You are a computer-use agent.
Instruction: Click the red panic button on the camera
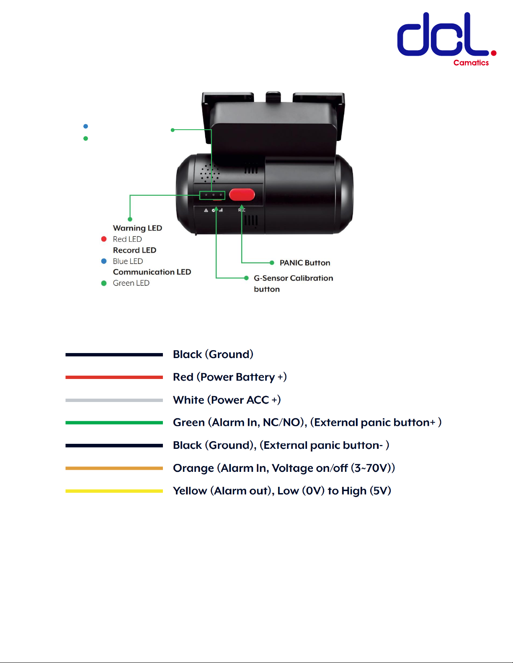coord(242,195)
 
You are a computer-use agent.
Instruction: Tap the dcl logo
coord(444,35)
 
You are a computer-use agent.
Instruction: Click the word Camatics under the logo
coord(471,63)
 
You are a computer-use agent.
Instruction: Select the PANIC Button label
coord(305,263)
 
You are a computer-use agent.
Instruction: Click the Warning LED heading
coord(137,228)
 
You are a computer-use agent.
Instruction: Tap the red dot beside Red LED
coord(104,239)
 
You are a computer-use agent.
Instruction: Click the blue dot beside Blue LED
coord(104,261)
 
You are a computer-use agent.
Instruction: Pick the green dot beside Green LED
coord(104,283)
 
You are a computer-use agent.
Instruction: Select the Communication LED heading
coord(152,272)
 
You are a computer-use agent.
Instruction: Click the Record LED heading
coord(134,250)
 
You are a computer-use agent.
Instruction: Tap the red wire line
coord(114,377)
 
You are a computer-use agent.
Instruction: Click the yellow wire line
coord(114,491)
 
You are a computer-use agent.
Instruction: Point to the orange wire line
coord(114,468)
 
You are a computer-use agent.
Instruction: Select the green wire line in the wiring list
coord(114,423)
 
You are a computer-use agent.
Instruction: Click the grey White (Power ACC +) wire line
coord(114,400)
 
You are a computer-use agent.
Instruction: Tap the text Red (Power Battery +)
coord(230,377)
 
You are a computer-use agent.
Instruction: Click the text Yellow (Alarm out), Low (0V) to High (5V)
coord(282,491)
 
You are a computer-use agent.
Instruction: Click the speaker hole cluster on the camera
coord(209,172)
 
